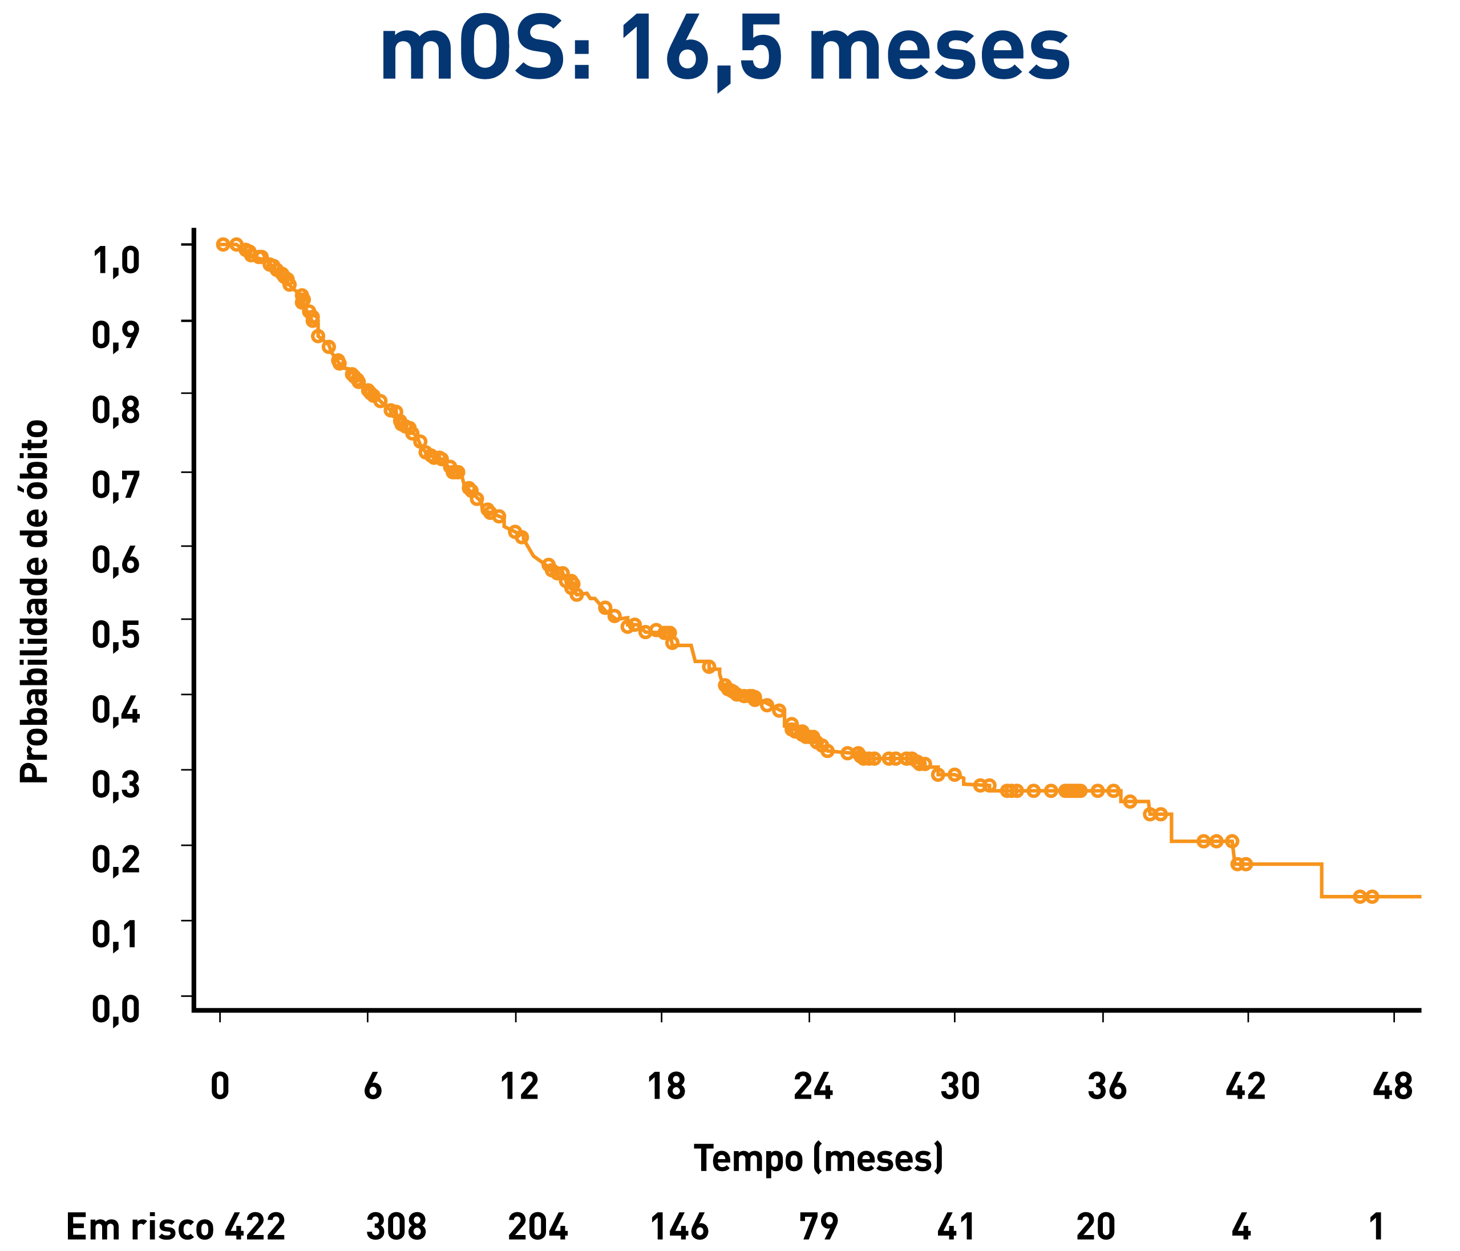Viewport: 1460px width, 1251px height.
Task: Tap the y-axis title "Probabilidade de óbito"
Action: coord(34,602)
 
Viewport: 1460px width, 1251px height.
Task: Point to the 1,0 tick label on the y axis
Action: coord(116,260)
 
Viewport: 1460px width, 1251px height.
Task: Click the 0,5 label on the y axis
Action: coord(116,635)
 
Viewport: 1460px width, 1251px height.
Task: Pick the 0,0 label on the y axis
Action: coord(116,1010)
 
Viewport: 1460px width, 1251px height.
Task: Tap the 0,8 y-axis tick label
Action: coord(116,410)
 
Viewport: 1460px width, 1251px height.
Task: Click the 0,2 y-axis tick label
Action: coord(116,861)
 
